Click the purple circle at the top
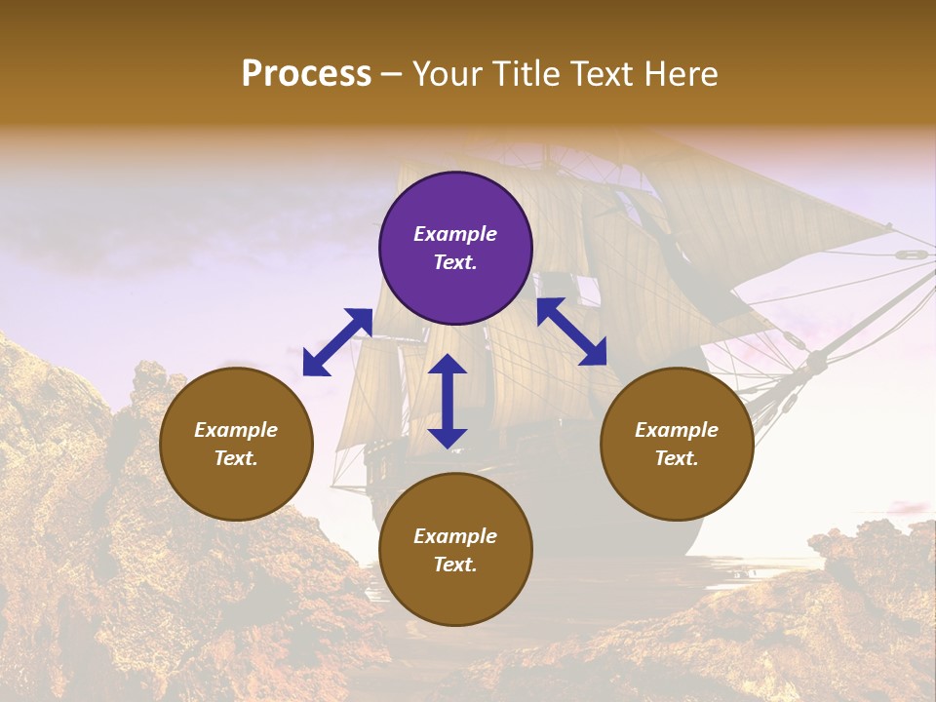(x=455, y=249)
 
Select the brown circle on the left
(x=236, y=444)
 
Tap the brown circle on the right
(x=677, y=444)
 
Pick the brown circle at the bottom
(x=455, y=550)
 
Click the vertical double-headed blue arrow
(x=448, y=402)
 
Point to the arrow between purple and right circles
(x=572, y=331)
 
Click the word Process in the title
(x=306, y=73)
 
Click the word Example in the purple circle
(x=455, y=234)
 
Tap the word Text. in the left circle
(x=236, y=458)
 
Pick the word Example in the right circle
(x=677, y=430)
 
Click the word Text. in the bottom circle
(x=455, y=565)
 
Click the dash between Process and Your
(x=391, y=75)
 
